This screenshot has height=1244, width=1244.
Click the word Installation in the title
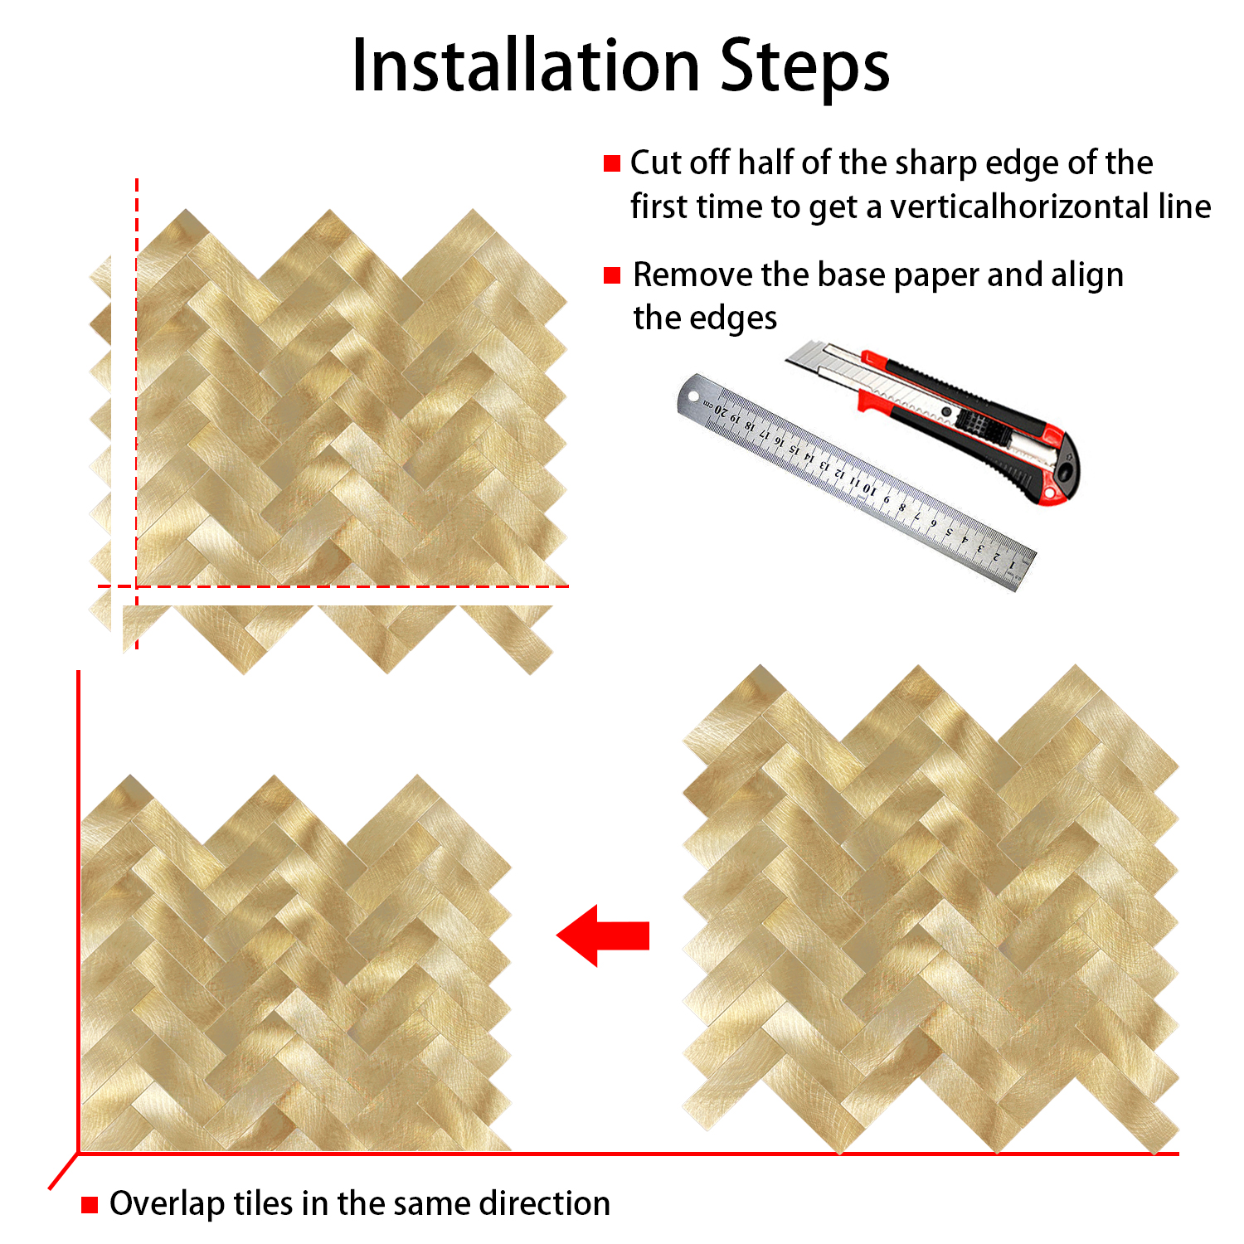pos(527,66)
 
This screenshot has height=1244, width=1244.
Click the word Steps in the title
pos(805,69)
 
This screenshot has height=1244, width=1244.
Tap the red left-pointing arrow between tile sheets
pos(603,935)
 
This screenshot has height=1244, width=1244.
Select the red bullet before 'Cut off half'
pos(612,163)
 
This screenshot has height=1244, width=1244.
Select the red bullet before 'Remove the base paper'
pos(612,275)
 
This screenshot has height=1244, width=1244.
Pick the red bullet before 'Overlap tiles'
pos(90,1204)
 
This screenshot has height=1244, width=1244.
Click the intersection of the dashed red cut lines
pos(137,586)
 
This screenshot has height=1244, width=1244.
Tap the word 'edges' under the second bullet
pos(705,319)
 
